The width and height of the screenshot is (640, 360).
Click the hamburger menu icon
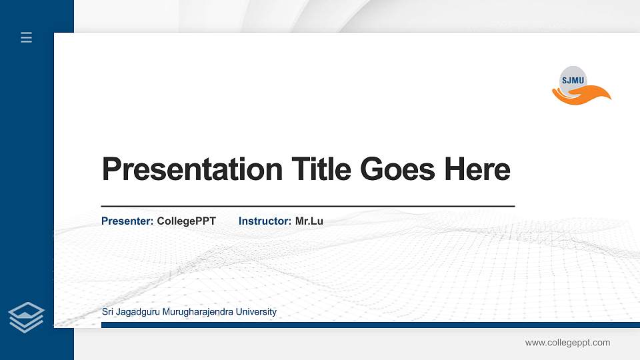pos(26,37)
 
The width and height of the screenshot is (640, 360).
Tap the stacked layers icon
pos(26,317)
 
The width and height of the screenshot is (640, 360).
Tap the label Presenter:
pos(127,221)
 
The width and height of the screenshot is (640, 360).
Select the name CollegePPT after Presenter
pos(187,221)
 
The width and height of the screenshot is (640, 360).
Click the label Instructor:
pos(265,221)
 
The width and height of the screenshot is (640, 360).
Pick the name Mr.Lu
pos(309,221)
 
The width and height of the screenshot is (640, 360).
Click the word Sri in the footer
pos(108,312)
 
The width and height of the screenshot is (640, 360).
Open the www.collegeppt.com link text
pos(567,343)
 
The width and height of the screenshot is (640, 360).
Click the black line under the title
pos(307,207)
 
